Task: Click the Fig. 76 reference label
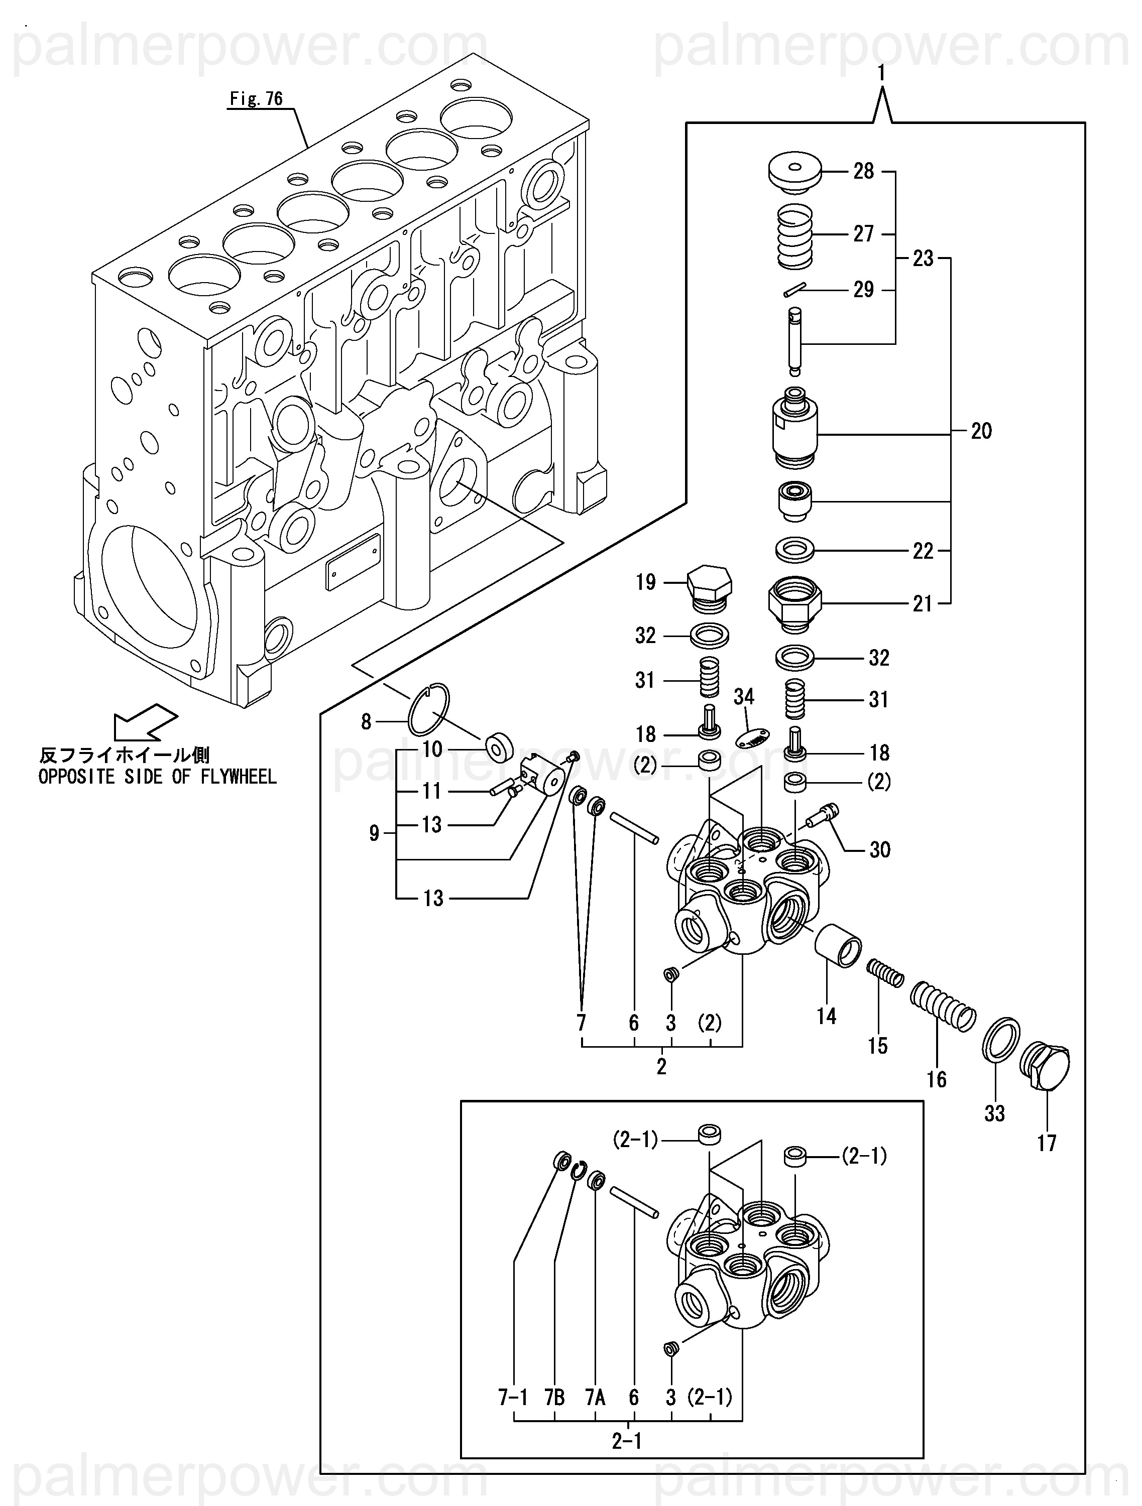click(x=256, y=99)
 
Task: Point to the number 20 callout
click(x=981, y=431)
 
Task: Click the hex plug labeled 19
click(x=709, y=586)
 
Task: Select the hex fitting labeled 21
click(x=794, y=601)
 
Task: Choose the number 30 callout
click(x=880, y=850)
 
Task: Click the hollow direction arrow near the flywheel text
click(x=145, y=722)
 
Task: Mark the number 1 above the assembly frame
click(x=881, y=73)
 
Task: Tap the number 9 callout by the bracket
click(x=374, y=833)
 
